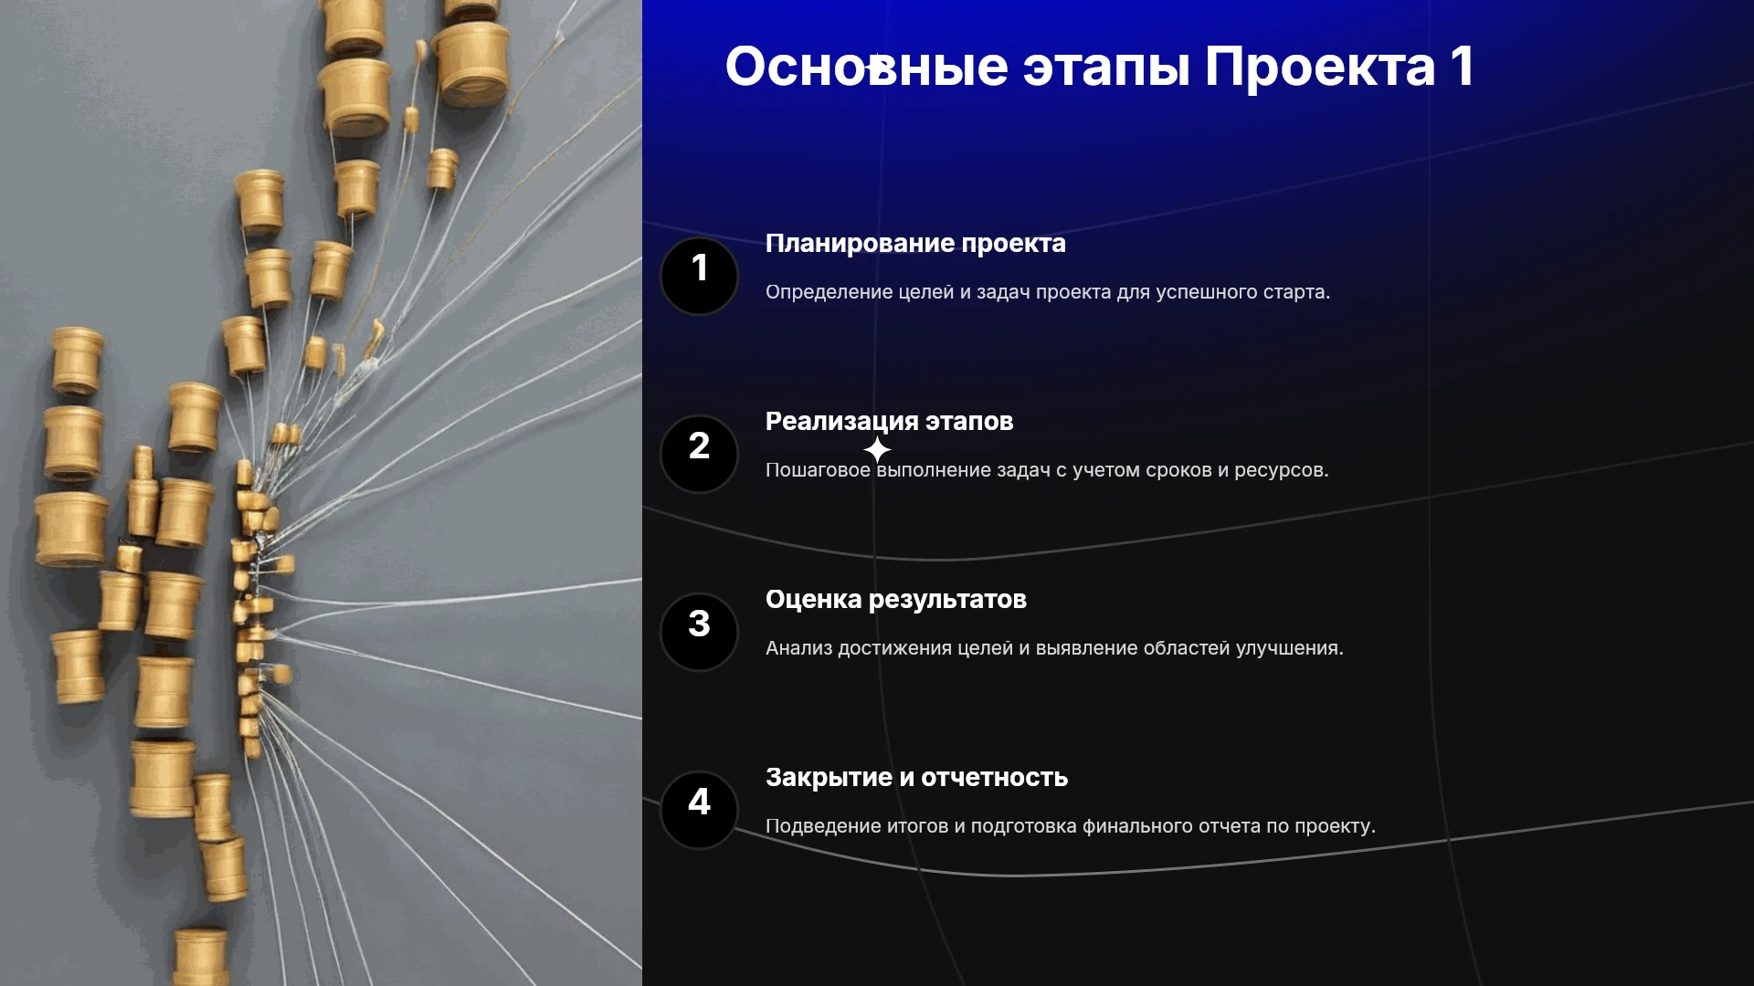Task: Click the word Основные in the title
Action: tap(866, 67)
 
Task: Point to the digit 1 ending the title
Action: tap(1462, 66)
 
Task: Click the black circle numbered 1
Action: tap(699, 276)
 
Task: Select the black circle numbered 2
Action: tap(699, 454)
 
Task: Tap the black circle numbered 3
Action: tap(699, 632)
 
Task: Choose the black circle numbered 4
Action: tap(699, 810)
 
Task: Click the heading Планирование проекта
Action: tap(915, 244)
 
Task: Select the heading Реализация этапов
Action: tap(889, 422)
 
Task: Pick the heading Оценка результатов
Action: tap(896, 600)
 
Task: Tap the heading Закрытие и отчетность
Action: tap(916, 778)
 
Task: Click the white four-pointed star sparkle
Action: tap(877, 449)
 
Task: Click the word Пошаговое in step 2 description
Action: tap(818, 470)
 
